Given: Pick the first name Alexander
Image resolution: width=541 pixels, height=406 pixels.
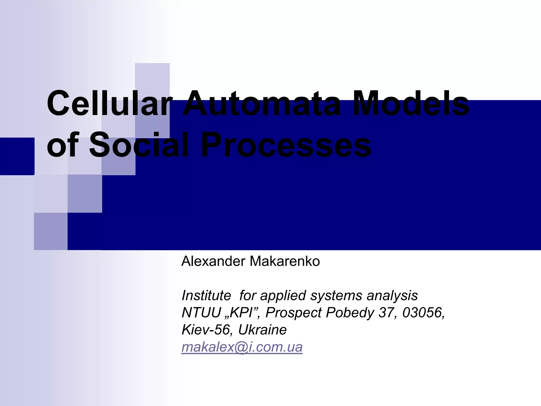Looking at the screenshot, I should [213, 261].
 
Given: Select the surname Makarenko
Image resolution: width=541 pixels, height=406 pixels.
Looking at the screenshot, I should [285, 261].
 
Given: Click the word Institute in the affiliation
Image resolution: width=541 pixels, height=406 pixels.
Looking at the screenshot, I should [206, 296].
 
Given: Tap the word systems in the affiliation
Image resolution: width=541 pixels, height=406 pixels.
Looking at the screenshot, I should [336, 296].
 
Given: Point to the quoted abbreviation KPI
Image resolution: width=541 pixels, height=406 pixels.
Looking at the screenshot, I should [241, 313].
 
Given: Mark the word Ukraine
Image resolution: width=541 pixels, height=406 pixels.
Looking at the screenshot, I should [262, 330].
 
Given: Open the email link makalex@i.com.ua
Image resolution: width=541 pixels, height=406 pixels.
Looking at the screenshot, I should [242, 347].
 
